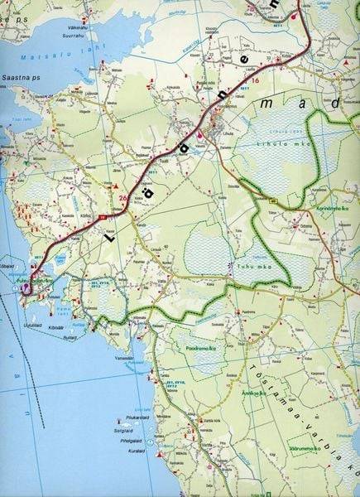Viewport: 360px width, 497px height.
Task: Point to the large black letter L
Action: pos(109,234)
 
